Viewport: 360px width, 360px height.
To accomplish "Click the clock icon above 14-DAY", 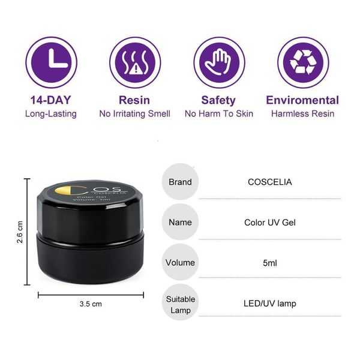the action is point(51,62).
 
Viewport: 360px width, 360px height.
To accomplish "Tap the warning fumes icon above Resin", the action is point(135,62).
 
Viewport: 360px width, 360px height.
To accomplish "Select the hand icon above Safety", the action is point(219,62).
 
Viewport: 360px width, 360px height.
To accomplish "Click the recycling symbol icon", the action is point(303,62).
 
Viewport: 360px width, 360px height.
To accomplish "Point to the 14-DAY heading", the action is point(51,100).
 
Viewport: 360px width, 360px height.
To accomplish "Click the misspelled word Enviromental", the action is point(302,100).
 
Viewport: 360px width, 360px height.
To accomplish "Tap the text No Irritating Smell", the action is point(135,114).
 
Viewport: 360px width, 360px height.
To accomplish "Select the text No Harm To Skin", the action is point(219,114).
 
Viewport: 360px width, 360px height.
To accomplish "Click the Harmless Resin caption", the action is point(302,114).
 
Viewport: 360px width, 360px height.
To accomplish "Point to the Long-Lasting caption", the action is point(51,114).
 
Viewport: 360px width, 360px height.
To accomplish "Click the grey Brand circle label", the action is point(180,182).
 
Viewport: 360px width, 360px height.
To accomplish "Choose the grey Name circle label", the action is point(180,222).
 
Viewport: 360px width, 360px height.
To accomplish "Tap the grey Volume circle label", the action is point(180,262).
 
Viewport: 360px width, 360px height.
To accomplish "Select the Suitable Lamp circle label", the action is point(180,302).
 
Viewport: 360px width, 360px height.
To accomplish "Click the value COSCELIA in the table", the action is point(270,182).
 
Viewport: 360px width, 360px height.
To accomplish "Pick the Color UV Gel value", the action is point(270,223).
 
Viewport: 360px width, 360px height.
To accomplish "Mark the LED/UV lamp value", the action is point(270,304).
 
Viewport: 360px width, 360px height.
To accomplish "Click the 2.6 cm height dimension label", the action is point(20,232).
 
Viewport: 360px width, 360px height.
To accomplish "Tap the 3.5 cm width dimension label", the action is point(91,304).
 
